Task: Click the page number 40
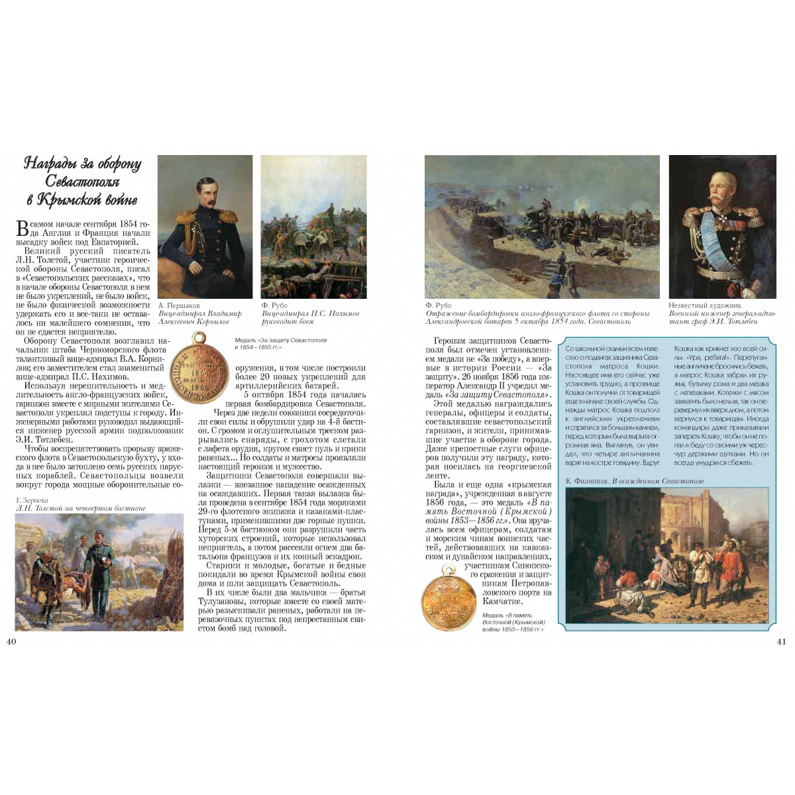click(x=11, y=641)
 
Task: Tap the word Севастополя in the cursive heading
click(x=82, y=181)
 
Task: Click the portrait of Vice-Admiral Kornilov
click(x=205, y=227)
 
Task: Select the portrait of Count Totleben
click(x=722, y=227)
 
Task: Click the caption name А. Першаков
click(x=179, y=305)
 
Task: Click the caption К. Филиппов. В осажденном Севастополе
click(x=635, y=481)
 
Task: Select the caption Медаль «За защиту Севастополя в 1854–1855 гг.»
click(x=280, y=343)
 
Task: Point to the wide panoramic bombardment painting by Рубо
click(x=541, y=227)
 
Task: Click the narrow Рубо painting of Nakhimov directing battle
click(x=313, y=227)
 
